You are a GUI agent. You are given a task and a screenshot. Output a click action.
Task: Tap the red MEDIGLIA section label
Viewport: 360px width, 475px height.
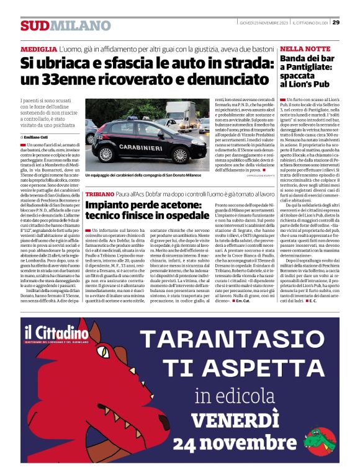click(x=37, y=48)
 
